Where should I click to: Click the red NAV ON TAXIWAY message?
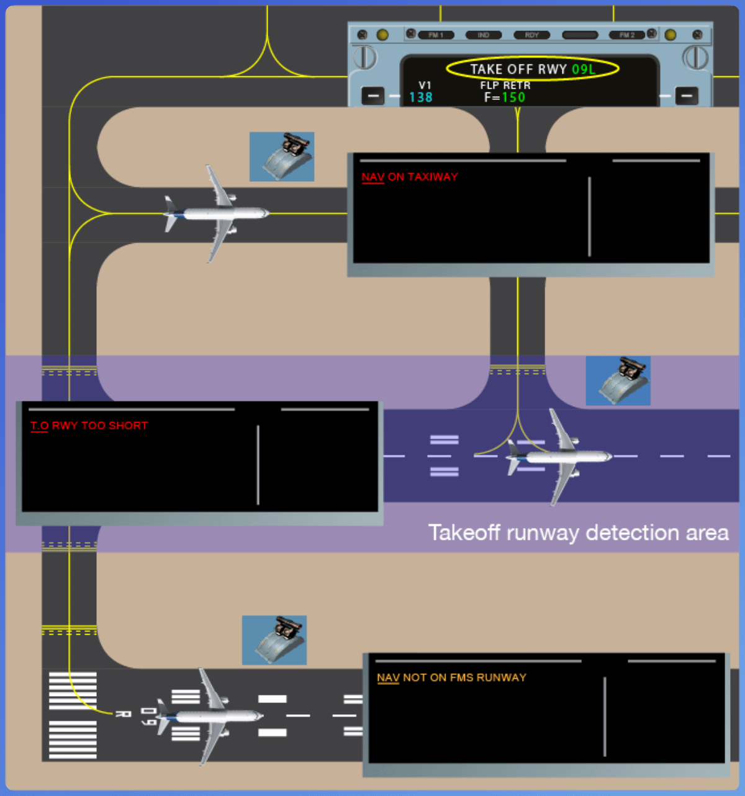click(410, 177)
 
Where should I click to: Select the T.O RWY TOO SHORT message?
click(89, 426)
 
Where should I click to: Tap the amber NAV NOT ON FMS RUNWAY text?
click(451, 677)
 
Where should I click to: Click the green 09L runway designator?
click(583, 69)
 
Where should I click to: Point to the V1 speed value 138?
click(420, 97)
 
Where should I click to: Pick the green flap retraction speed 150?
click(513, 97)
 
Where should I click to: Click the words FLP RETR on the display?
click(505, 85)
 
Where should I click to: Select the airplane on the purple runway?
click(559, 457)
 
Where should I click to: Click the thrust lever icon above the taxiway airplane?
click(282, 156)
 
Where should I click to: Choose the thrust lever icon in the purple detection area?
click(618, 380)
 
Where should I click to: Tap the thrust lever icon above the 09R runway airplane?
click(274, 640)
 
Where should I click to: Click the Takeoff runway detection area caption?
click(578, 533)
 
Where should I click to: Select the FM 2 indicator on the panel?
click(627, 35)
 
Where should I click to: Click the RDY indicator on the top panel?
click(531, 35)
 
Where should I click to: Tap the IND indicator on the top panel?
click(484, 35)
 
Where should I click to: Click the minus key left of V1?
click(373, 96)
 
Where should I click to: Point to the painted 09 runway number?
click(147, 716)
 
